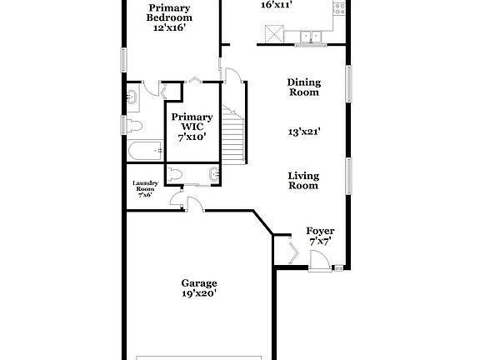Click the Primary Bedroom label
tap(169, 12)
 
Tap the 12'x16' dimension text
tap(169, 27)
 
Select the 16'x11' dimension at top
tap(276, 5)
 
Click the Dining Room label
tap(303, 87)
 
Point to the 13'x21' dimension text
tap(304, 131)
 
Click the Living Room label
tap(303, 181)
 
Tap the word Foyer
tap(320, 231)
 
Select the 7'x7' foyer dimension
tap(320, 241)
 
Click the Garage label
tap(199, 283)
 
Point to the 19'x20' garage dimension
tap(199, 293)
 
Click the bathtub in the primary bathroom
tap(146, 152)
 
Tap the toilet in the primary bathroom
tap(135, 125)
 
